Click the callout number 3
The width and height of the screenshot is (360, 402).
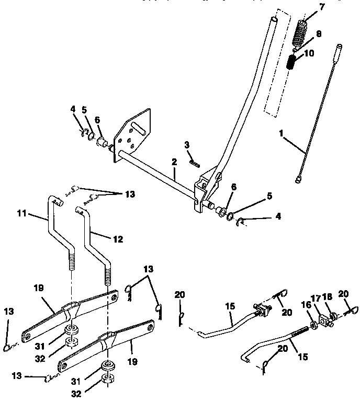pyautogui.click(x=186, y=144)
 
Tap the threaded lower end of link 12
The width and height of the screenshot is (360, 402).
pyautogui.click(x=108, y=274)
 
